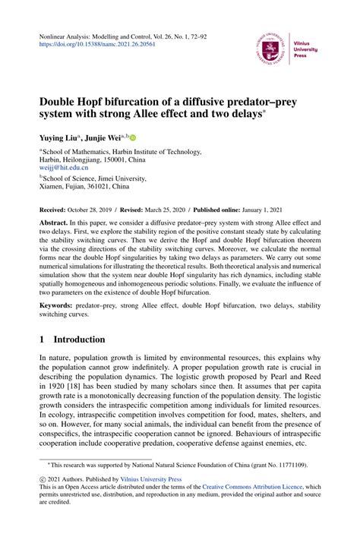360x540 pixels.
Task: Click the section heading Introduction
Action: [x=84, y=340]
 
